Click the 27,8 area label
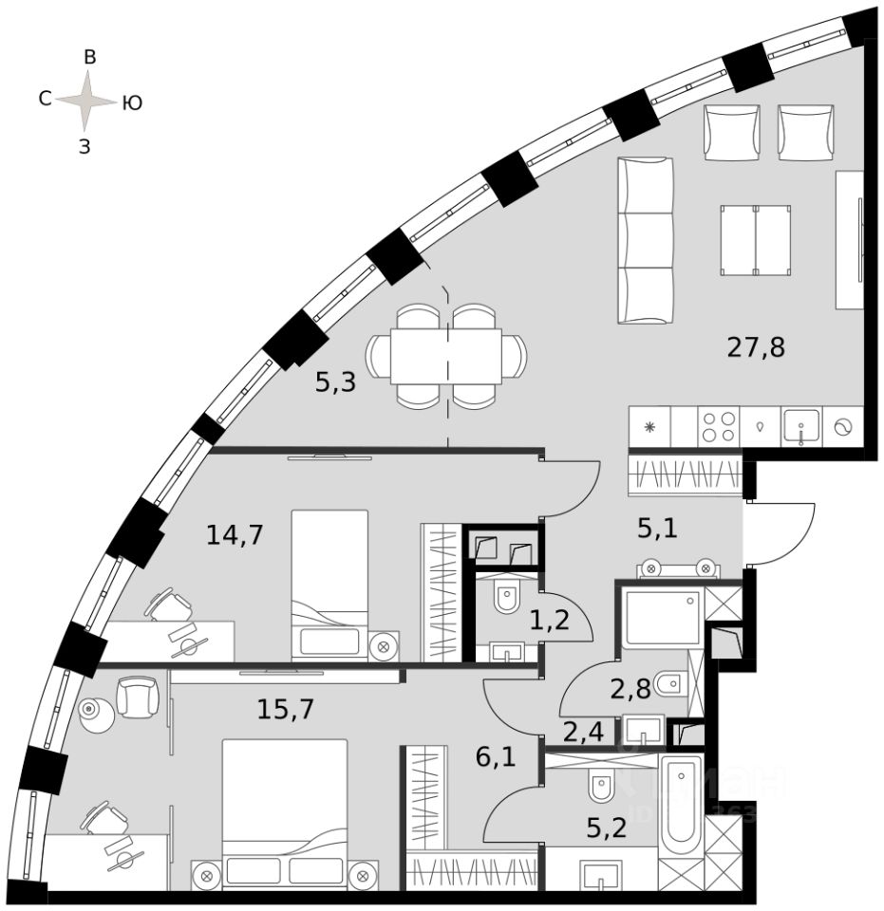pyautogui.click(x=756, y=347)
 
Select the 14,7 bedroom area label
pyautogui.click(x=234, y=535)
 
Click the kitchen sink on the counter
pyautogui.click(x=800, y=426)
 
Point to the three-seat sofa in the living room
pyautogui.click(x=646, y=241)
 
